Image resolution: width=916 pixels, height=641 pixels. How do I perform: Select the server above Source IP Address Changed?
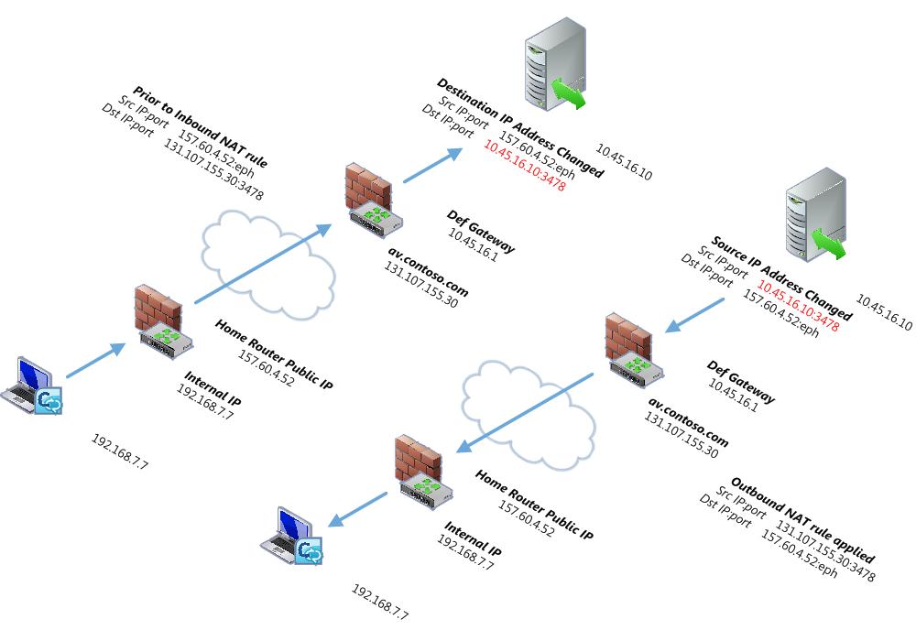click(814, 216)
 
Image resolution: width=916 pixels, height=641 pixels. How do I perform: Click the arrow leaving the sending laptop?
click(95, 360)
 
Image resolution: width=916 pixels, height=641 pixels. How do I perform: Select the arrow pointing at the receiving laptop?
click(358, 509)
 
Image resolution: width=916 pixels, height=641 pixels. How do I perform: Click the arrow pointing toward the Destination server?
click(433, 165)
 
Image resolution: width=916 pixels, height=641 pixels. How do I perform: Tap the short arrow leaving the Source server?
click(696, 313)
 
